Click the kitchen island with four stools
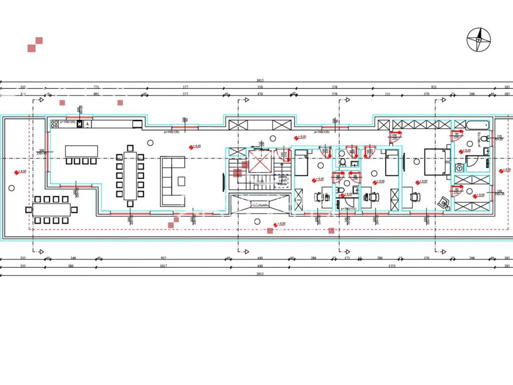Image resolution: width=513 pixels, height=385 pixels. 81,151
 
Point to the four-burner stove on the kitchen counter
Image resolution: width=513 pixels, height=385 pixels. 54,124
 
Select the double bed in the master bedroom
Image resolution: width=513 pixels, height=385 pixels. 434,161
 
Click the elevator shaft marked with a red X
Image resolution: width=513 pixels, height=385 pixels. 260,161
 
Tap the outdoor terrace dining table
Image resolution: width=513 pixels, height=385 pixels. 52,210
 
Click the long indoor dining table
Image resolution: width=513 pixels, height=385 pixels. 130,175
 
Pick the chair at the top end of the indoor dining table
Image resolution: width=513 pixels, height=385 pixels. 130,148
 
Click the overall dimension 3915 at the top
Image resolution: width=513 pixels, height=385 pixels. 260,80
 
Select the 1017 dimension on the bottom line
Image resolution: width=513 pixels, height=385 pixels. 163,266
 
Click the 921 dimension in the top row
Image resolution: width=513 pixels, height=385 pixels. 434,87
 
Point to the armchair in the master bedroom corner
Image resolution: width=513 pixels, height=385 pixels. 442,203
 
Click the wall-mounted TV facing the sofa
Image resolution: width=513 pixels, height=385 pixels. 223,181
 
